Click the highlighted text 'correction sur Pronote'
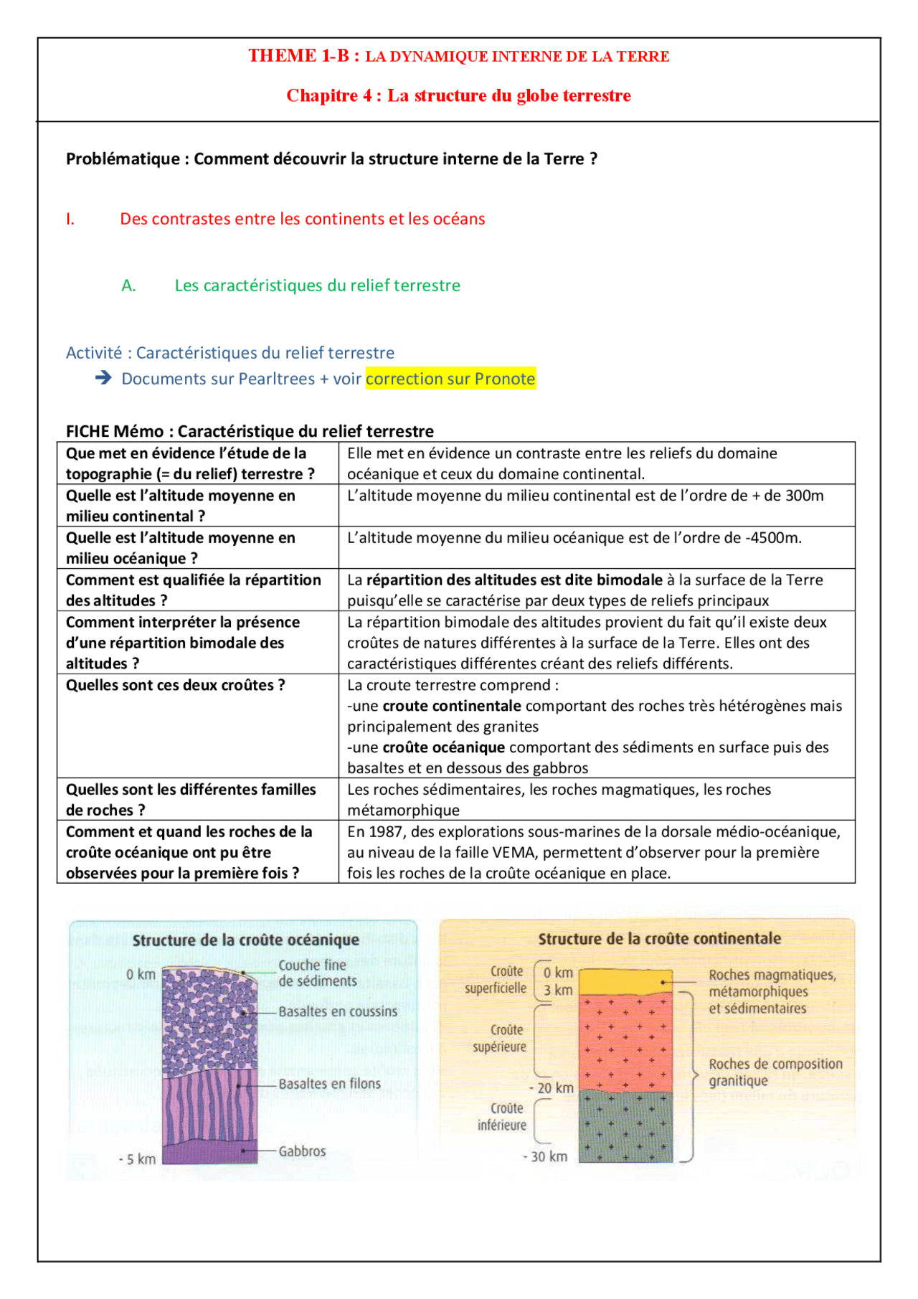coord(450,379)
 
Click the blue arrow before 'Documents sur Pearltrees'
coord(103,377)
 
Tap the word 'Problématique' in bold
coord(122,159)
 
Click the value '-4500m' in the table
coord(773,537)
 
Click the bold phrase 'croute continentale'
coord(452,706)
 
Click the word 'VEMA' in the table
coord(511,852)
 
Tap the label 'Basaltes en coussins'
coord(337,1011)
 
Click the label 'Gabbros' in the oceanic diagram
coord(302,1151)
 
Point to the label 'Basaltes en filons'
coord(329,1083)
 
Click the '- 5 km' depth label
coord(137,1159)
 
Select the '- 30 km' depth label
coord(545,1156)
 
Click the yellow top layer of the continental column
coord(624,980)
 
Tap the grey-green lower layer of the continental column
coord(625,1126)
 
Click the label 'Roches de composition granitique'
coord(775,1072)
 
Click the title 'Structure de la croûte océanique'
coord(245,940)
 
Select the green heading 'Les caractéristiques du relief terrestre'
coord(317,285)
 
